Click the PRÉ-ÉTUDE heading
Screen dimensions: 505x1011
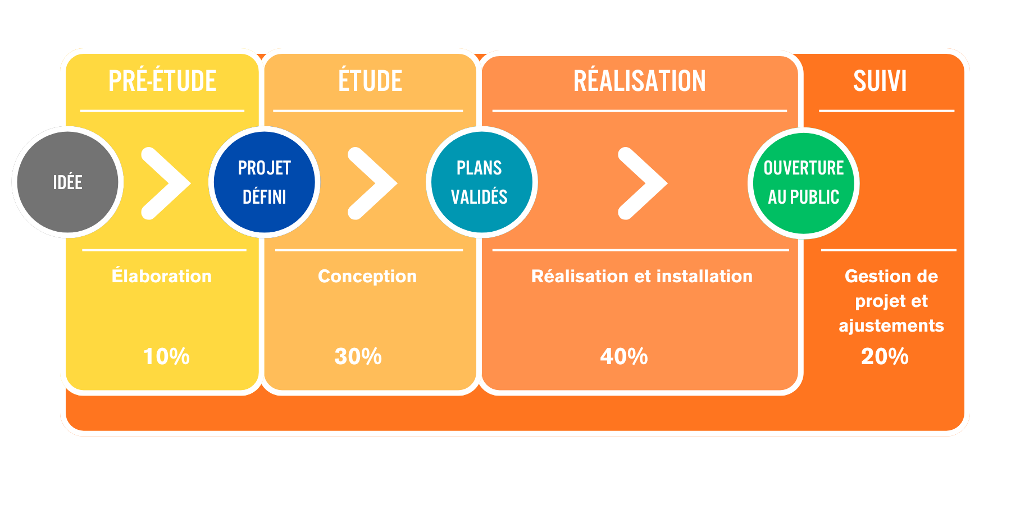(162, 81)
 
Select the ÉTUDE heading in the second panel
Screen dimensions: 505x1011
(370, 81)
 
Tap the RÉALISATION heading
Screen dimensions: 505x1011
(639, 81)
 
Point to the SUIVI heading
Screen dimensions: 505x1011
(880, 81)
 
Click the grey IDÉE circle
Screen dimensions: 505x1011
(67, 182)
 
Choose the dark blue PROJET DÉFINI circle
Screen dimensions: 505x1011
(264, 182)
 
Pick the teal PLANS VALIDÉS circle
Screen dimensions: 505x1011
(481, 182)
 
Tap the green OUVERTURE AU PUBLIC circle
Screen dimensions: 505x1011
(803, 183)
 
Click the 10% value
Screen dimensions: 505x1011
(166, 356)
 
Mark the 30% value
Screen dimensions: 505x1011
(358, 356)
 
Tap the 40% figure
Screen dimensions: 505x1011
(623, 356)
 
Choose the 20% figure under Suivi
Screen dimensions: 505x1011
(885, 356)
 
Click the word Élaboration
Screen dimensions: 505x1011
(162, 276)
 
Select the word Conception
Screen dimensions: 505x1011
(367, 276)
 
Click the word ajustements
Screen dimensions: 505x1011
(891, 325)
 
